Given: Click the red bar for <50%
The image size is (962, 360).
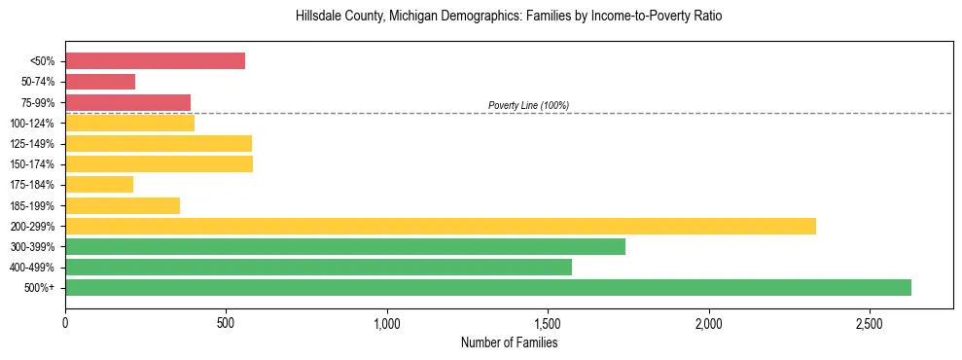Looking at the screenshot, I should (x=155, y=61).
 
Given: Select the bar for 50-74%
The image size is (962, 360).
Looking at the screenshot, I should (x=100, y=82).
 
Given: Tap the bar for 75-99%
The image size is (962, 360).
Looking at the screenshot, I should (x=127, y=102).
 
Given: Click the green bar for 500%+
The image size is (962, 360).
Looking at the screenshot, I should (x=487, y=287).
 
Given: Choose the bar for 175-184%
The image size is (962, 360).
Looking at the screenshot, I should (x=99, y=184).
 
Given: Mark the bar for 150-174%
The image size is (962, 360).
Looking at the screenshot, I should (x=159, y=163).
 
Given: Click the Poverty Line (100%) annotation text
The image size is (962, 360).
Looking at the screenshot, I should (x=528, y=105).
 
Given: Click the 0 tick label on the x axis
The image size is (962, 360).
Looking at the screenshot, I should (x=65, y=323).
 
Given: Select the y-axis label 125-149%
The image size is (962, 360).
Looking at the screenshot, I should (x=32, y=144).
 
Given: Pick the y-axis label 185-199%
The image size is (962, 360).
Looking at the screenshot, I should (x=32, y=205).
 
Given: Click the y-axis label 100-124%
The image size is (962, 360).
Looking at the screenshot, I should (x=32, y=124).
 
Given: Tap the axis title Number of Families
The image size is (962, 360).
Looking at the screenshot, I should (x=509, y=342).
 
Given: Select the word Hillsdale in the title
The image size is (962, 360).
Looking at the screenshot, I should (x=318, y=17).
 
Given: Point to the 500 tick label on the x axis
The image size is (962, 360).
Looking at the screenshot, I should (x=226, y=323).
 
